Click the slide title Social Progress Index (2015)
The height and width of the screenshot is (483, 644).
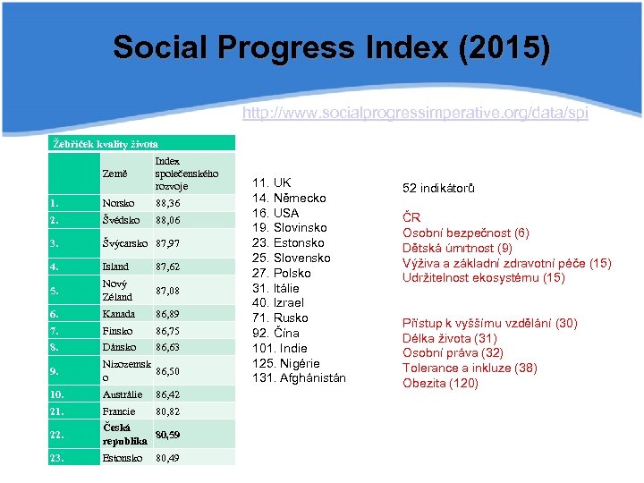332,48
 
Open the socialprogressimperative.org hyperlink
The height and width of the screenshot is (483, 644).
415,114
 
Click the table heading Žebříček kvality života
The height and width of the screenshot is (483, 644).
105,143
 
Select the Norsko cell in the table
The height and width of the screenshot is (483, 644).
119,203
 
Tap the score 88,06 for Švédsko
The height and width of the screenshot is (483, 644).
168,219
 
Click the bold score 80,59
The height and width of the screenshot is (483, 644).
168,435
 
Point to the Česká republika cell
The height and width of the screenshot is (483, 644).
124,435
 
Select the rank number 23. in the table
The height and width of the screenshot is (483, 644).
60,458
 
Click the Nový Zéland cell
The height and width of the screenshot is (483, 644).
118,290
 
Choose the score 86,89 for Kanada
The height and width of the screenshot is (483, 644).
168,314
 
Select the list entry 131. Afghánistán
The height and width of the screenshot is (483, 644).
301,378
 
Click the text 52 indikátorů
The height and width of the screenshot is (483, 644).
438,188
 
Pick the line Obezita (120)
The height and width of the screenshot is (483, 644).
440,384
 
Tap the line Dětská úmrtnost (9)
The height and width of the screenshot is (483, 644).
457,248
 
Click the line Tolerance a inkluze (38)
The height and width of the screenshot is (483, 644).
470,369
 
